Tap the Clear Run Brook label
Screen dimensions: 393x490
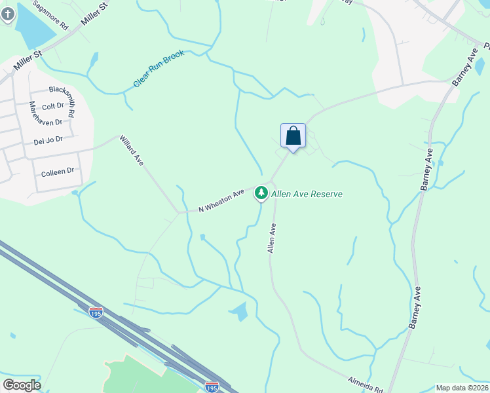159,69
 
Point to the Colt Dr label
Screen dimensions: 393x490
52,106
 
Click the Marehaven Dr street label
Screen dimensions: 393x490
45,122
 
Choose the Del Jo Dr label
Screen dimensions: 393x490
48,140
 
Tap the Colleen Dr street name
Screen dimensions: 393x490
58,172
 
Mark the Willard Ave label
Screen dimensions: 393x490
131,150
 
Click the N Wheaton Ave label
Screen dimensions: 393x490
221,200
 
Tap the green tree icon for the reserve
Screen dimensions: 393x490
261,193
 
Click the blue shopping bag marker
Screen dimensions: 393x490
293,136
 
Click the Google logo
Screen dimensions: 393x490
22,384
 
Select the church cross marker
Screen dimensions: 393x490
7,13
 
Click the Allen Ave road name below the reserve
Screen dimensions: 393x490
271,238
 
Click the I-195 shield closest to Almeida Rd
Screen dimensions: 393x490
211,388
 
